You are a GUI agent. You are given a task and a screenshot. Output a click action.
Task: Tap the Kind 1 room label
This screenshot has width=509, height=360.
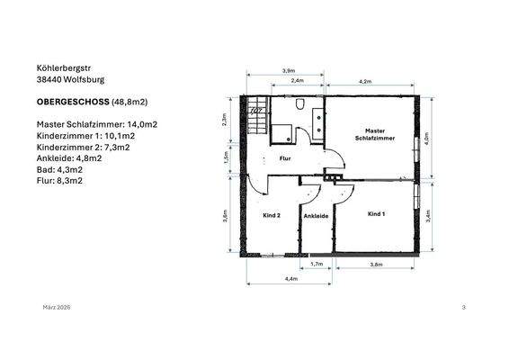click(376, 214)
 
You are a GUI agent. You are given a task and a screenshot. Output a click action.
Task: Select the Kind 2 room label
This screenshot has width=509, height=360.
click(272, 216)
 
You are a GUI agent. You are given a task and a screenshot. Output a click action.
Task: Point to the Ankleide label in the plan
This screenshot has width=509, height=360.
click(315, 216)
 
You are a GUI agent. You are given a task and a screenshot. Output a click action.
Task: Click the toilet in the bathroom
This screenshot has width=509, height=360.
click(299, 107)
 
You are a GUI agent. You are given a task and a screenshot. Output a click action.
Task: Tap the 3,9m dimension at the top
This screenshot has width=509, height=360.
click(289, 70)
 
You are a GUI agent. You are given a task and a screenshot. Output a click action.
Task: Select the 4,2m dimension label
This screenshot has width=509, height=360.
click(365, 82)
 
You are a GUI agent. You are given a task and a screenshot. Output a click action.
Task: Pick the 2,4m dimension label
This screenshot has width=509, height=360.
click(297, 82)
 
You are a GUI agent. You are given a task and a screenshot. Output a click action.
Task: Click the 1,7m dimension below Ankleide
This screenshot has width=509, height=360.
click(316, 265)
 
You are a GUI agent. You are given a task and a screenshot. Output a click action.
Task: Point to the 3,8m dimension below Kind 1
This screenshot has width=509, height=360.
click(376, 265)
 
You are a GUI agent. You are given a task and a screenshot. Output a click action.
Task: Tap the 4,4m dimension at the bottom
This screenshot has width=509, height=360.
click(290, 279)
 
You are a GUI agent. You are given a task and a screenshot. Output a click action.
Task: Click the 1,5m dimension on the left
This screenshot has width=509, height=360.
click(226, 156)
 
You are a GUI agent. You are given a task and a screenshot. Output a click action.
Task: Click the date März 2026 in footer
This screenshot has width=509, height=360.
click(57, 308)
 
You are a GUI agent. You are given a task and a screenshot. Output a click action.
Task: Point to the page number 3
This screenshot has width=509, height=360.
click(463, 308)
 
